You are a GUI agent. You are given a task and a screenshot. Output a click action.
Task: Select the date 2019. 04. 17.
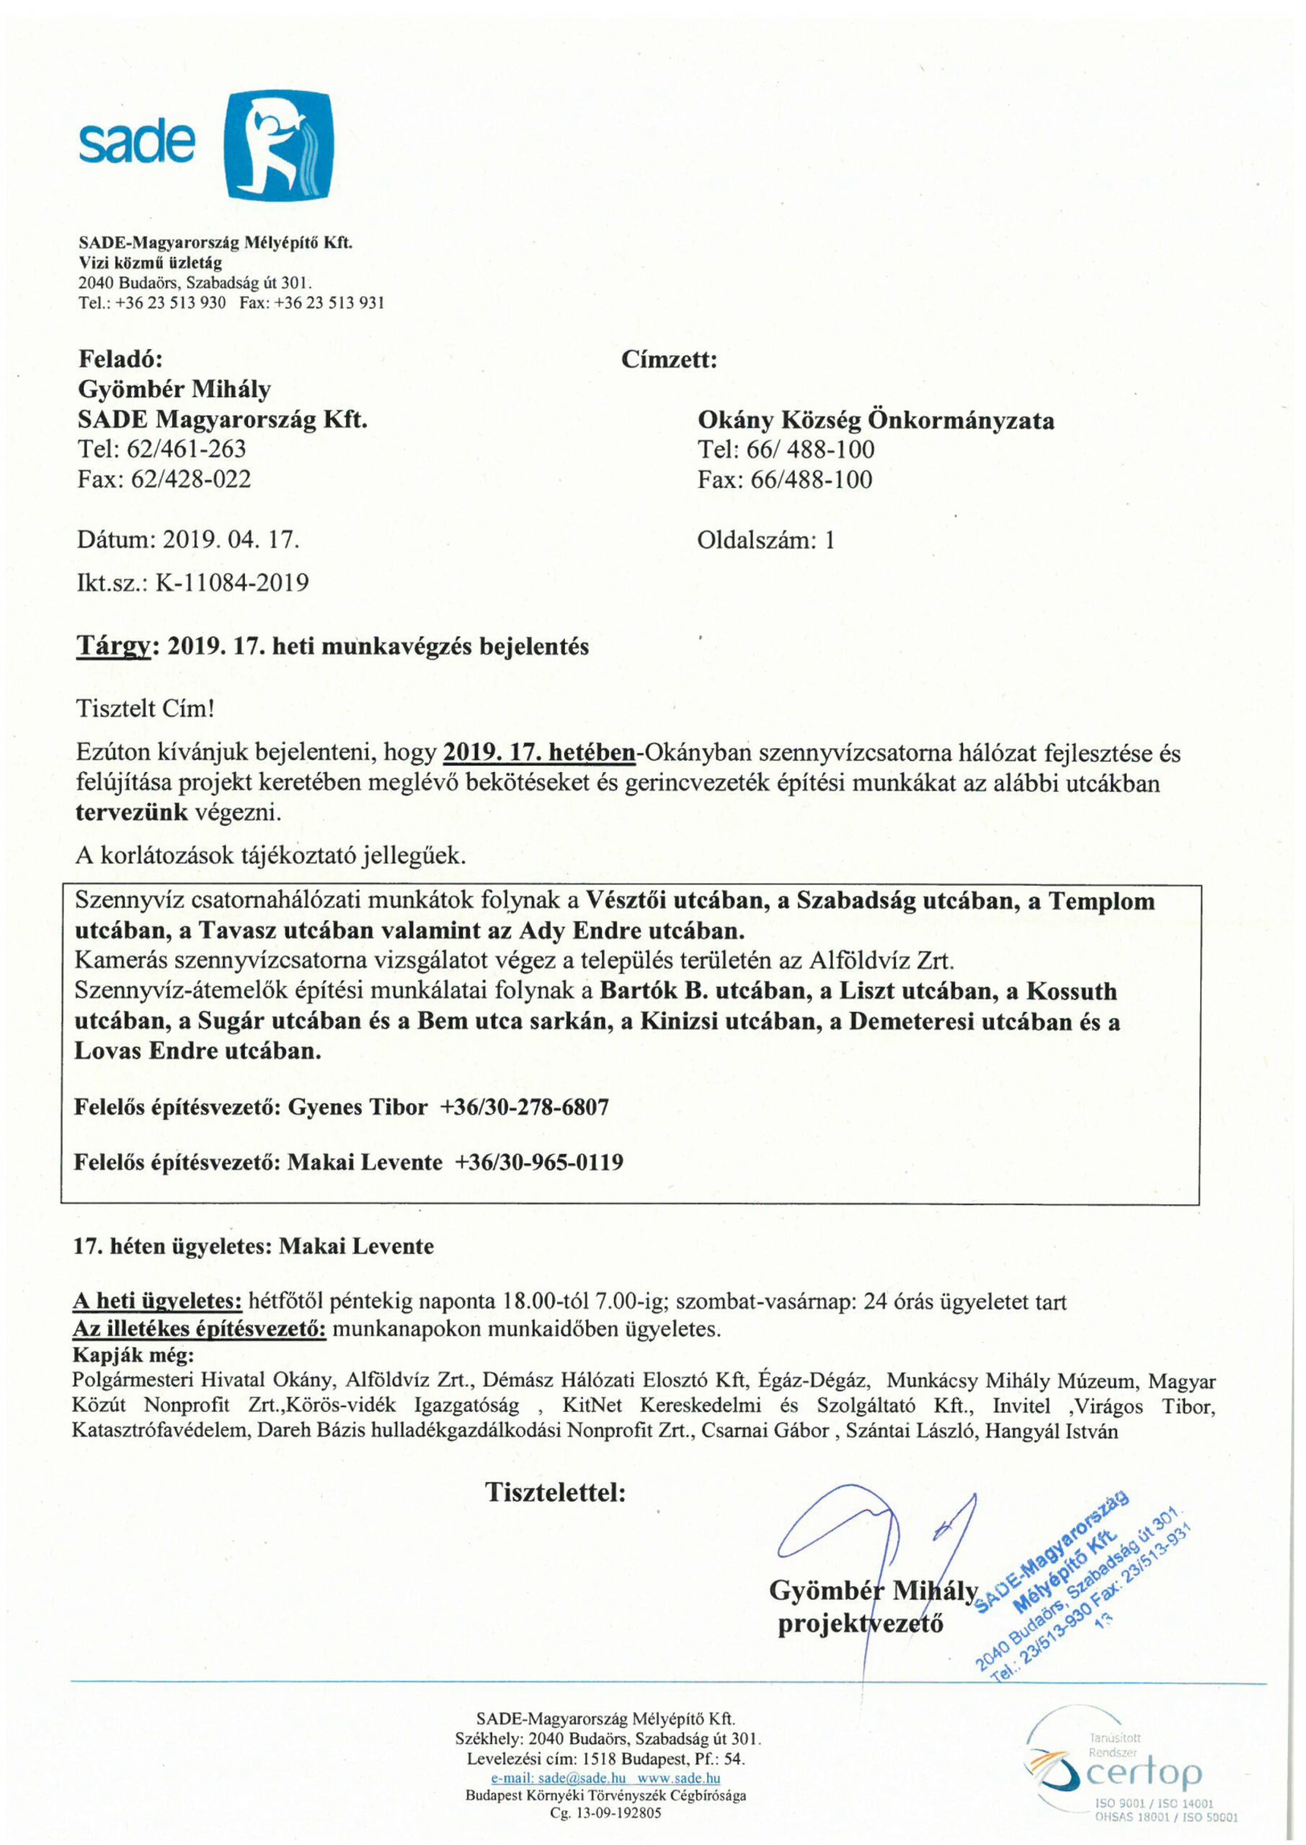(231, 538)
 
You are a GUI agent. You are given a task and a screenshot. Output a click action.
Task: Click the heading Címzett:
(668, 360)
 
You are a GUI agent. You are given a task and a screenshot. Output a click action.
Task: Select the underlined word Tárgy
(113, 646)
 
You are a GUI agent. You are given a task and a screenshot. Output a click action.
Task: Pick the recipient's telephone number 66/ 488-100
(812, 450)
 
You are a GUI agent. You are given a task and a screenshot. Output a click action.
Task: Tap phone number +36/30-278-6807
(524, 1107)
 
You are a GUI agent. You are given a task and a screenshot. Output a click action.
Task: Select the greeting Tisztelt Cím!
(145, 709)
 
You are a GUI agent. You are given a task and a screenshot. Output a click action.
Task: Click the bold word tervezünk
(132, 812)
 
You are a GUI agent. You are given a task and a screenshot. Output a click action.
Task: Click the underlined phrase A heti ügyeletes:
(158, 1302)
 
